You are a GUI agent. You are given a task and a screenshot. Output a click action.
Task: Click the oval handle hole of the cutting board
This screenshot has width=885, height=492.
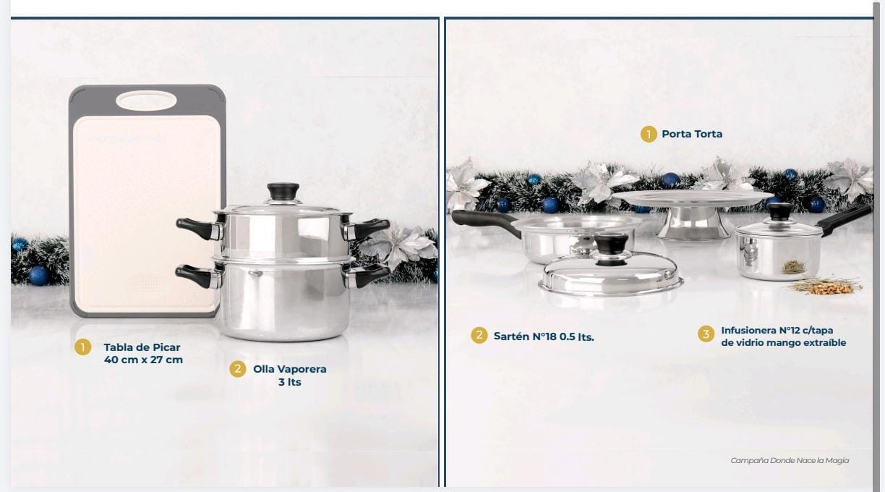coord(146,101)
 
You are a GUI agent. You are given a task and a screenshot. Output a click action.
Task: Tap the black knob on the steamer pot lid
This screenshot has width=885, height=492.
coord(283,191)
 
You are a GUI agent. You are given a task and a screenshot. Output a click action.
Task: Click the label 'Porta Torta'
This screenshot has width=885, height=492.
coord(692,134)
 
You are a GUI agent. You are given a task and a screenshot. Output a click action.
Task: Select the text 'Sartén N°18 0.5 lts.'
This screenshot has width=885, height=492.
coord(544,336)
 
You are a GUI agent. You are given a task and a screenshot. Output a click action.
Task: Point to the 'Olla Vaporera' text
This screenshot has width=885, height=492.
coord(290,369)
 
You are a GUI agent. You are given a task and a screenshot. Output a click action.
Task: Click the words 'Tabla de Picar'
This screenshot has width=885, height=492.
coord(142,347)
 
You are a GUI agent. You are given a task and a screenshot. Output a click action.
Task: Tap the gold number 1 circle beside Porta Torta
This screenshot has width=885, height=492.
coord(649,134)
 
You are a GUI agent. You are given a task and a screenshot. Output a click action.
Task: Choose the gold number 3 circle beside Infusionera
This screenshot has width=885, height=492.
coord(706,334)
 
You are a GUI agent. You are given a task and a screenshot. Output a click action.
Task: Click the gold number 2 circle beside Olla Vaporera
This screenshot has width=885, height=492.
coord(237,369)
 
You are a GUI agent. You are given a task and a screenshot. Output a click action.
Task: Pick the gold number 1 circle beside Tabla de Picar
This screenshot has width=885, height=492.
coord(83,347)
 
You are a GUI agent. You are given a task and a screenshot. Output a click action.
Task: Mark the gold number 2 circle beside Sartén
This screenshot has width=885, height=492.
coord(479,335)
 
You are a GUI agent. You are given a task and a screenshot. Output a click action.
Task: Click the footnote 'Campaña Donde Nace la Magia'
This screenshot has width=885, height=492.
coord(790,460)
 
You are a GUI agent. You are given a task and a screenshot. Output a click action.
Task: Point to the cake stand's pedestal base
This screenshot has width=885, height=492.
coord(693,224)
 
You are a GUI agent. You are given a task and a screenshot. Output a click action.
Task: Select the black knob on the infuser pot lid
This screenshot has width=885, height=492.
coord(779,211)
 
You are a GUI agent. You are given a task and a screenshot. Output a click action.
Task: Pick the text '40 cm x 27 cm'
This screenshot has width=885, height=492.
coord(143,360)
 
